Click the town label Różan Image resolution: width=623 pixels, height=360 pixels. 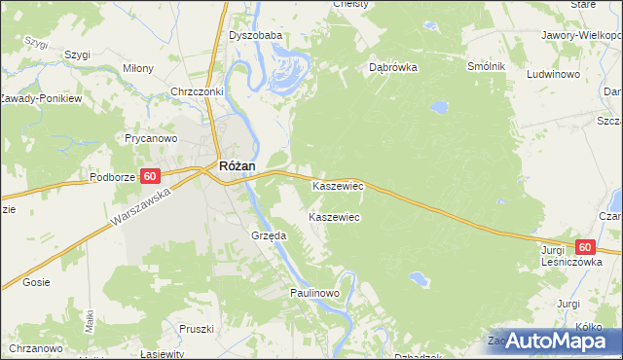238,166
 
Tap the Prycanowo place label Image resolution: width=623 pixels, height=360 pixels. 150,138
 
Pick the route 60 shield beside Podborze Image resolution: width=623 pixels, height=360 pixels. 150,176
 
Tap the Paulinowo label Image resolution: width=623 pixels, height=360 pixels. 313,292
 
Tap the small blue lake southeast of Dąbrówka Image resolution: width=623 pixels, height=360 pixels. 440,106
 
